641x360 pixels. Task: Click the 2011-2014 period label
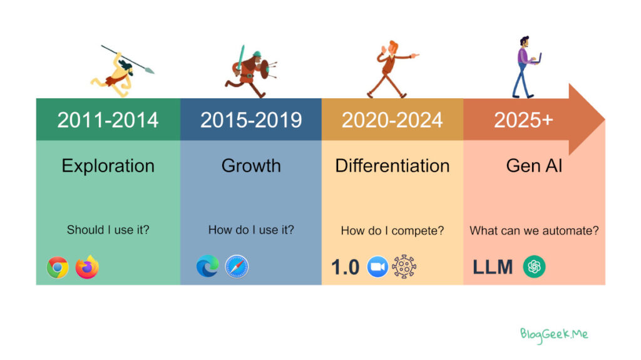point(108,120)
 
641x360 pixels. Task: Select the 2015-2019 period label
point(251,120)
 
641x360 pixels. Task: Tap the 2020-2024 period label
point(392,120)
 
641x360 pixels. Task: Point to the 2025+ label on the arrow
point(523,120)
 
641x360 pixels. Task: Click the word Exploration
point(108,166)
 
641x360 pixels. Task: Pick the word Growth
point(251,166)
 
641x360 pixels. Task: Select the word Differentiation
point(392,166)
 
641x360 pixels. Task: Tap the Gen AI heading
point(534,166)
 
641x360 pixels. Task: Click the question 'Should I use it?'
point(108,230)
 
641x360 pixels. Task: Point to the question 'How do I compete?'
point(392,231)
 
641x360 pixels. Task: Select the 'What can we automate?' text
point(534,231)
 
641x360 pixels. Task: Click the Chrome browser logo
point(58,267)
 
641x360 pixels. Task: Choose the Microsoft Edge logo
point(208,266)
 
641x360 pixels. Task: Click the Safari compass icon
point(237,267)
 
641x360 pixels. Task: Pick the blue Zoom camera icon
point(377,267)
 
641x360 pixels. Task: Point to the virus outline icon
point(404,267)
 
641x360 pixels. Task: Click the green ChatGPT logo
point(535,267)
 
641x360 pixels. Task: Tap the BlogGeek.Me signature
point(554,335)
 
